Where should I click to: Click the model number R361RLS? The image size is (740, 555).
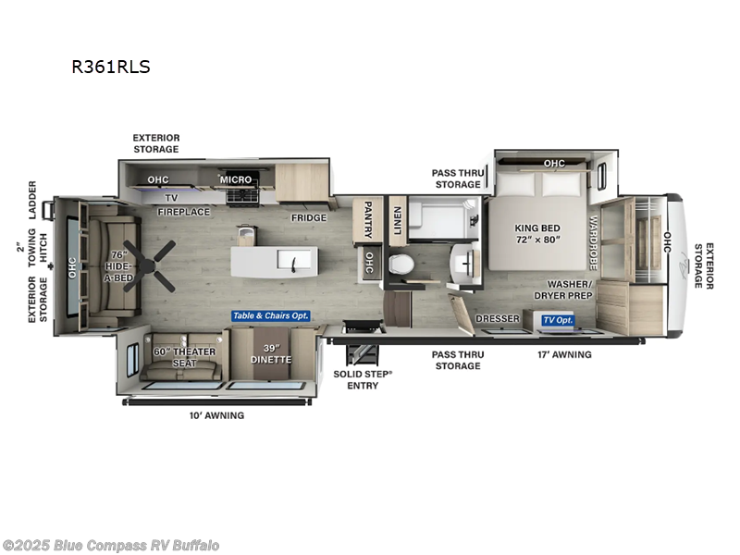click(110, 67)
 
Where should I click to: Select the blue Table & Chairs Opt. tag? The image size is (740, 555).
click(271, 315)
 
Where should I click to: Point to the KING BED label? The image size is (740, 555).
click(537, 232)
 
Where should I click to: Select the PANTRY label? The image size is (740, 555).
click(367, 220)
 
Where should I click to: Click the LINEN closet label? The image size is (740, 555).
click(397, 220)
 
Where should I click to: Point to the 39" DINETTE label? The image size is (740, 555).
click(271, 352)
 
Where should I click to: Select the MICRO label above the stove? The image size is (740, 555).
click(236, 179)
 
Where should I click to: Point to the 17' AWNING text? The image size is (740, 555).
click(564, 354)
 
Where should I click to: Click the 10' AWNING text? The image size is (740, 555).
click(216, 415)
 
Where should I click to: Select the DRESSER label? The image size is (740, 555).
click(498, 319)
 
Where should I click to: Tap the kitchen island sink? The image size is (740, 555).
click(294, 265)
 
